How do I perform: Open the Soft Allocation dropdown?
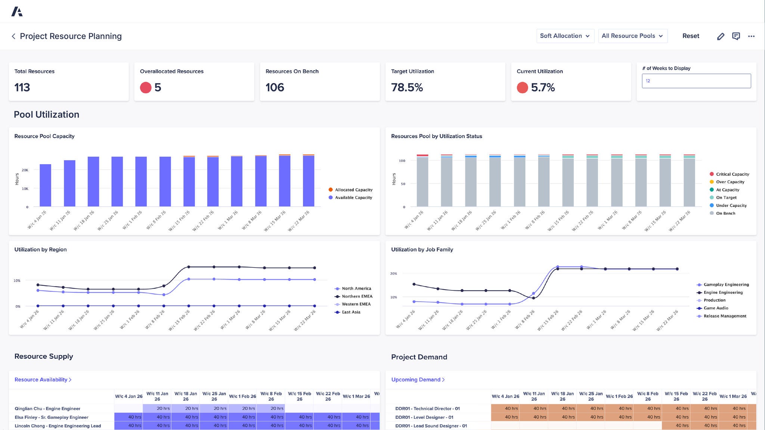(x=565, y=36)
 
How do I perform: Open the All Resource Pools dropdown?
(x=632, y=36)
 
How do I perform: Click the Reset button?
(x=691, y=36)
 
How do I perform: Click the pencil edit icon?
(x=721, y=36)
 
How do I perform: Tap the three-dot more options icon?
(x=751, y=36)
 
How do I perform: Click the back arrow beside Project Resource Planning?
(x=13, y=36)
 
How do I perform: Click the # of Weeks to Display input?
(x=696, y=81)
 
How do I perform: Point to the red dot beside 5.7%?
(x=522, y=87)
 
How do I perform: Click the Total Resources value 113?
(x=22, y=87)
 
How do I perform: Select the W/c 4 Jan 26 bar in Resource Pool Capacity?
(x=45, y=185)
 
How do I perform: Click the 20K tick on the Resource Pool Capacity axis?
(x=25, y=170)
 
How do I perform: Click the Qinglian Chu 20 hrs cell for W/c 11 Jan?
(x=157, y=408)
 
